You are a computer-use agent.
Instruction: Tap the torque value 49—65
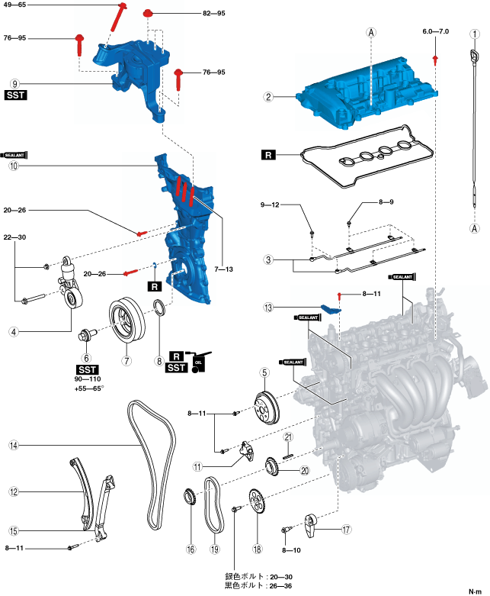[15, 5]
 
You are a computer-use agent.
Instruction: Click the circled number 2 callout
[268, 97]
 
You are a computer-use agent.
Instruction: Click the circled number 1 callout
[475, 34]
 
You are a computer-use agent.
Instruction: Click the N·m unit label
[475, 582]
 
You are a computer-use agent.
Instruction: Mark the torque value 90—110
[87, 379]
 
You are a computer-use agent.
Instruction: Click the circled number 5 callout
[265, 373]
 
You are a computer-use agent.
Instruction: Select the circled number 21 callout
[289, 437]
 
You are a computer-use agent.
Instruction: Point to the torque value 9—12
[271, 205]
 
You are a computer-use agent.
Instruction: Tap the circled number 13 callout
[268, 308]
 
